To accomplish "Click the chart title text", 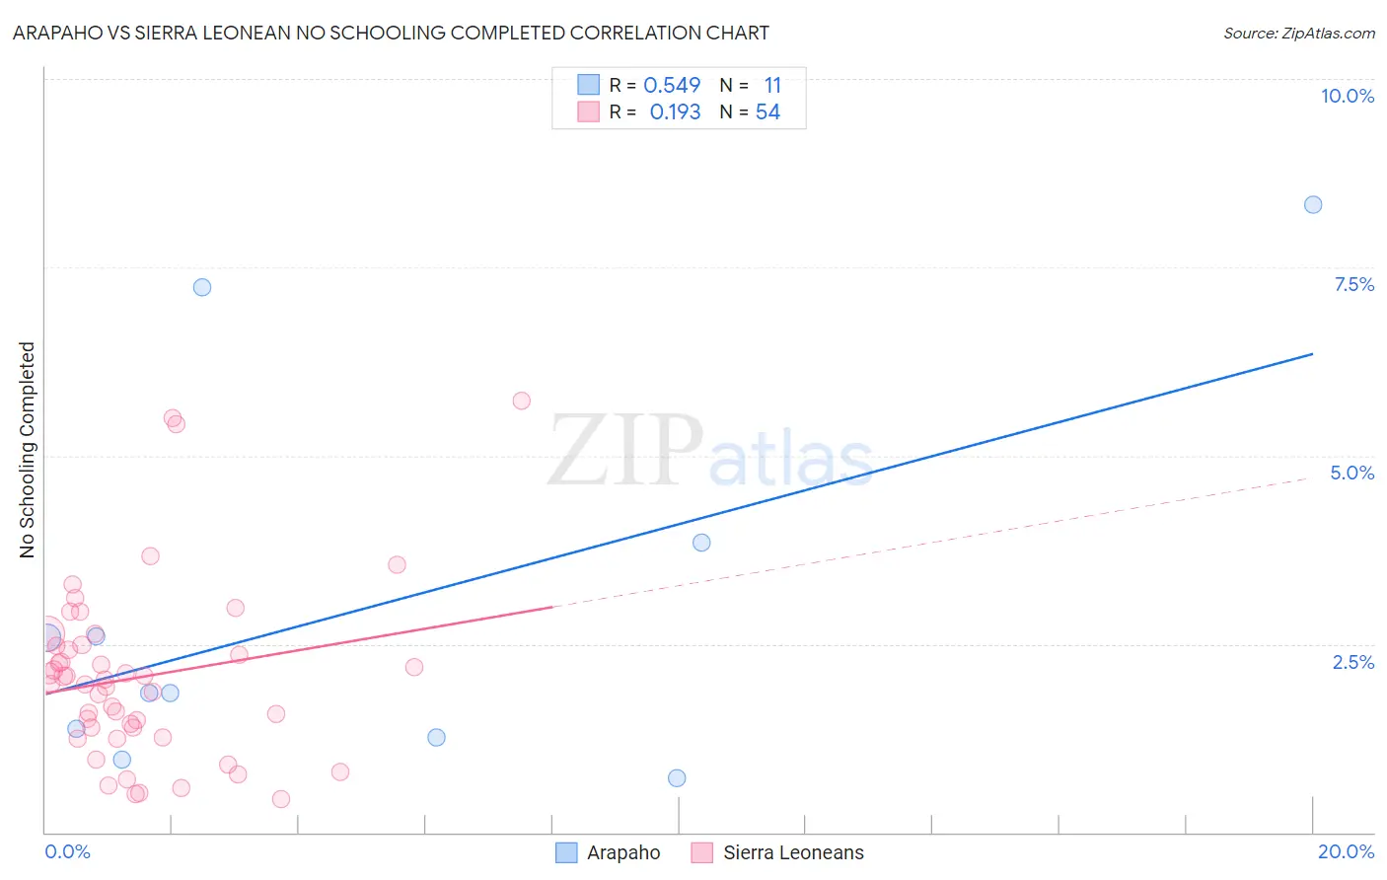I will [391, 33].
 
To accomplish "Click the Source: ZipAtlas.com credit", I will [1298, 34].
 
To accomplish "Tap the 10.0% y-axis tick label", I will [1347, 96].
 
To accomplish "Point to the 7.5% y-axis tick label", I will [1353, 284].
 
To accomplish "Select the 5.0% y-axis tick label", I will [1351, 473].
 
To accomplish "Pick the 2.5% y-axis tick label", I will [1352, 662].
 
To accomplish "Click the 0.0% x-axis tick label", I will [67, 851].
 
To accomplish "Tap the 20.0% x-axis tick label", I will [1346, 851].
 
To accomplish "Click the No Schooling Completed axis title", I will [28, 450].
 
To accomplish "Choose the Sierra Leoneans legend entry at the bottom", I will [778, 853].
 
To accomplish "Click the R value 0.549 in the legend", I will [672, 86].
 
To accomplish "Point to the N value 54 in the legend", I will [767, 112].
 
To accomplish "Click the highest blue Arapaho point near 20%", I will [1313, 205].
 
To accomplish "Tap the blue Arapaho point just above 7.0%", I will [202, 287].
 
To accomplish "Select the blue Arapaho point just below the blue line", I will [701, 543].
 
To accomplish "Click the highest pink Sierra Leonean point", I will [522, 401].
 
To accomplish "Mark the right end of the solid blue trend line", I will [1313, 353].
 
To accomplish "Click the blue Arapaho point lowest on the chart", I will [677, 778].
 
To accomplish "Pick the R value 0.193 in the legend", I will [675, 112].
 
